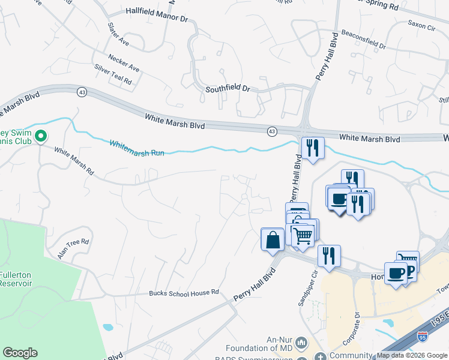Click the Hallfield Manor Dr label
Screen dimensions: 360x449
tap(157, 11)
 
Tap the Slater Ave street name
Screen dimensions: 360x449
tap(118, 34)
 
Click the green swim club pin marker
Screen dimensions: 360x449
tap(41, 136)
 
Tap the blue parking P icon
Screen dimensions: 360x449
tap(411, 271)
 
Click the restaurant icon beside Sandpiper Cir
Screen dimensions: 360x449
tap(328, 255)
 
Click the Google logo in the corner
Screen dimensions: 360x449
tap(20, 353)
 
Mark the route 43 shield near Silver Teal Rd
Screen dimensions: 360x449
tap(82, 91)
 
